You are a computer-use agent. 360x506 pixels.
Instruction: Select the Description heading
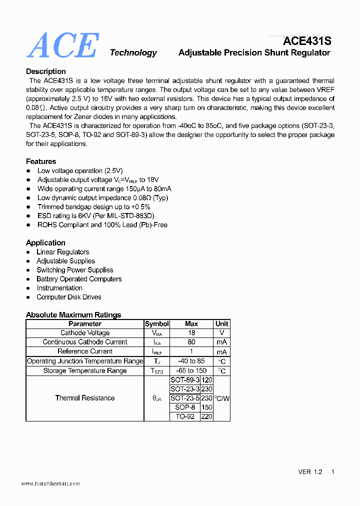coord(46,71)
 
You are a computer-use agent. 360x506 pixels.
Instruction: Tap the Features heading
coord(41,161)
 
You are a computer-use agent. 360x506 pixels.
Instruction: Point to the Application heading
coord(45,242)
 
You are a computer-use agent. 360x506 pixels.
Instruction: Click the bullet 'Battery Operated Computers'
coord(79,279)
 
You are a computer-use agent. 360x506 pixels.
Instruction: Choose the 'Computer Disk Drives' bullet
coord(69,297)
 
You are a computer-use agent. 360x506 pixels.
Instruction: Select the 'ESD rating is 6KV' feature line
coord(96,215)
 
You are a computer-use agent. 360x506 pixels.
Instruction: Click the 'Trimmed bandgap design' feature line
coord(94,206)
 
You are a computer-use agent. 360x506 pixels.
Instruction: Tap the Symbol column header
coord(157,323)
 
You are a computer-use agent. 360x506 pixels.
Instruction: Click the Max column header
coord(191,323)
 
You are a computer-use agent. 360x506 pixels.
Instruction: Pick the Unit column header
coord(221,323)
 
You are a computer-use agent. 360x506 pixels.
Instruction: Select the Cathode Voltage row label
coord(85,333)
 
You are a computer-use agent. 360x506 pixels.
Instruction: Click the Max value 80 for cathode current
coord(191,342)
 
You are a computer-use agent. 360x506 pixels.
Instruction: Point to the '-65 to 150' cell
coord(191,370)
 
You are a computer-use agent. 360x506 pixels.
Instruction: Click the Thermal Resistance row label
coord(85,398)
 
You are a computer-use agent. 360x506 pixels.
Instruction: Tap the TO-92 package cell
coord(185,416)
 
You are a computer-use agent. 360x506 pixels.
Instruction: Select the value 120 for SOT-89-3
coord(206,380)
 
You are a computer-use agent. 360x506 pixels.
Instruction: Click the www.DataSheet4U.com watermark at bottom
coord(50,483)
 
